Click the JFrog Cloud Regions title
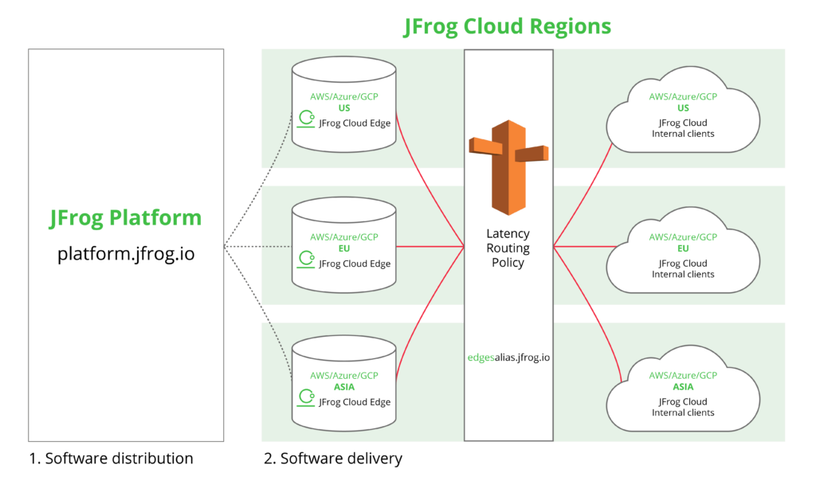(508, 26)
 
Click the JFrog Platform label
(126, 218)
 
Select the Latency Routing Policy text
(508, 248)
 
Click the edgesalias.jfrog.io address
(508, 357)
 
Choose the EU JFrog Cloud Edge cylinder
(343, 244)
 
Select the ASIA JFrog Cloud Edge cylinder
(343, 383)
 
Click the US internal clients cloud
(683, 115)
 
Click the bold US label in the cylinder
(344, 107)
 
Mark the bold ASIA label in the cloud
(683, 387)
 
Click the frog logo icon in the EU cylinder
(305, 259)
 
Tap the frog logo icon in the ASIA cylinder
(305, 396)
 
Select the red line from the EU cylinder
(430, 247)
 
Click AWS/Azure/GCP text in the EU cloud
(683, 237)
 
